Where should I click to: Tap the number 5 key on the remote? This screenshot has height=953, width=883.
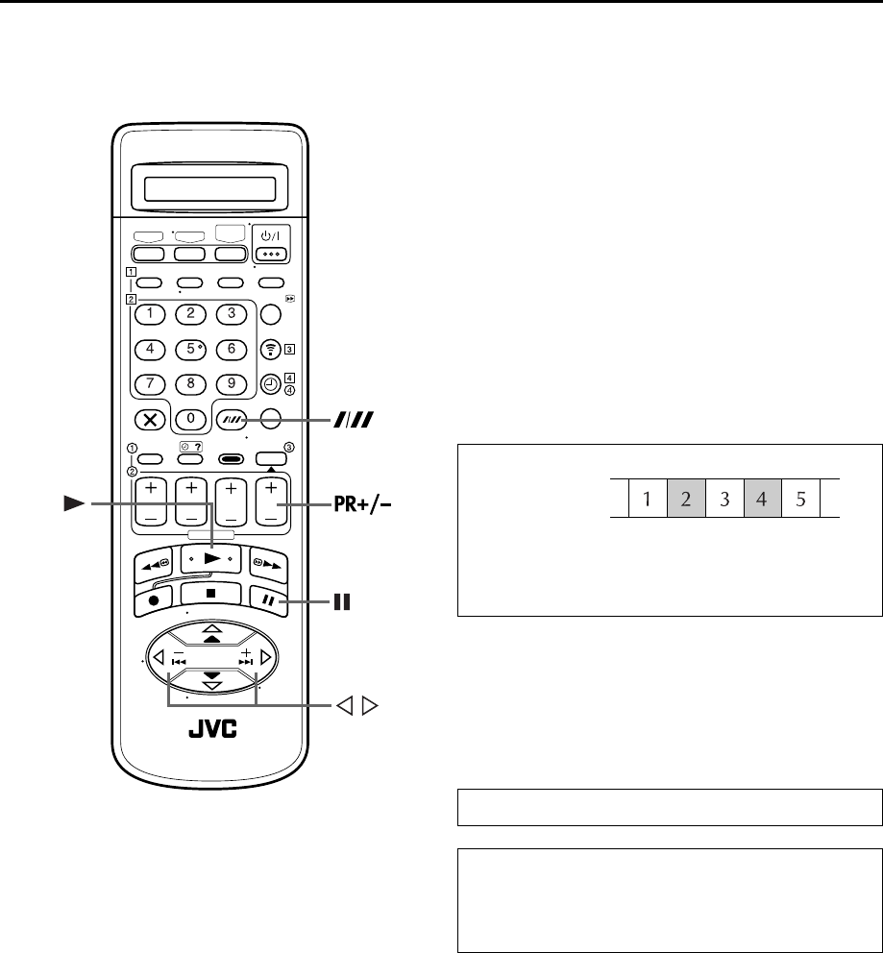click(191, 348)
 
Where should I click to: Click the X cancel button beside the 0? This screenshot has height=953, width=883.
click(148, 419)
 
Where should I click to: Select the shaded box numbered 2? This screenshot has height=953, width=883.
click(686, 500)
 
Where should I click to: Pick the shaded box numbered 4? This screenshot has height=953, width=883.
click(763, 500)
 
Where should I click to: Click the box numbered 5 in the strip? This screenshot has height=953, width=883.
click(801, 500)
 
